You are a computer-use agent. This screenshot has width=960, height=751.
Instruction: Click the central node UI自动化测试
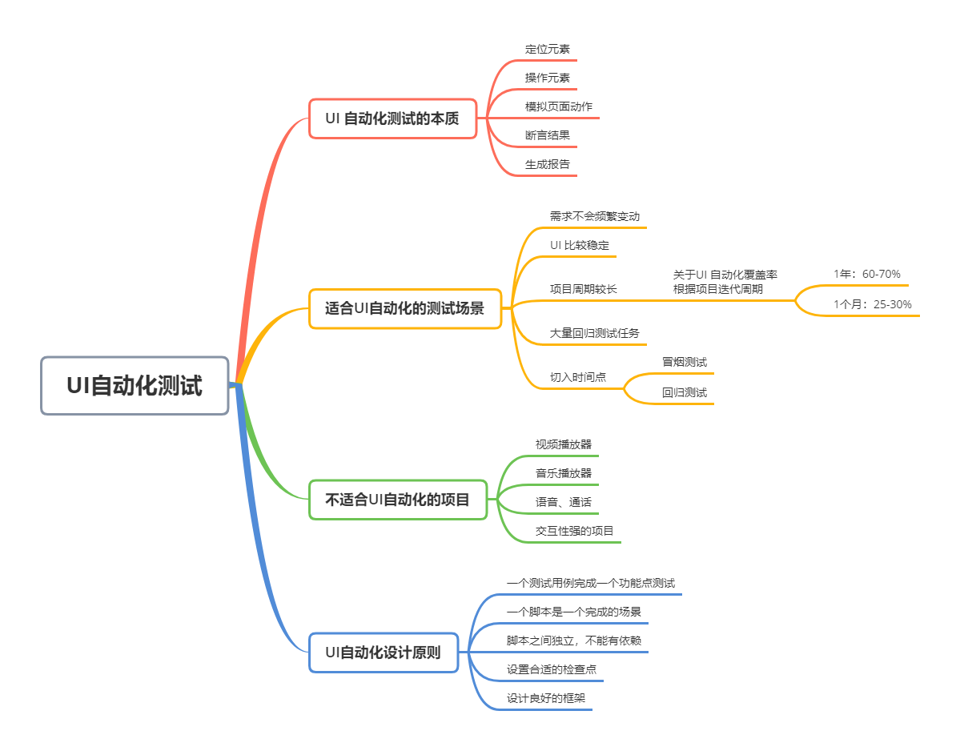tap(135, 386)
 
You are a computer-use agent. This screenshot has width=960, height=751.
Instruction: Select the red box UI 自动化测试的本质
tap(392, 118)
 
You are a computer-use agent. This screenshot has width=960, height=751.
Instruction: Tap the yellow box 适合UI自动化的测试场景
tap(405, 308)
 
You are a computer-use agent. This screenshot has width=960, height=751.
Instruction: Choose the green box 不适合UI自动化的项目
tap(397, 500)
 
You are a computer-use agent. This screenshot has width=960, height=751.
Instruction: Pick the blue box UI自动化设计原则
tap(383, 653)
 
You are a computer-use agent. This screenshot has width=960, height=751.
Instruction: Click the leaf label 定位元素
tap(548, 49)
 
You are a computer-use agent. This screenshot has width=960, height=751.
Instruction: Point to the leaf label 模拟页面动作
tap(559, 106)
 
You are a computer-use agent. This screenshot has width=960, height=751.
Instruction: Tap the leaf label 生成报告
tap(548, 164)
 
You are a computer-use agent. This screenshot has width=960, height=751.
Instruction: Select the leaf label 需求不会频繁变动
tap(594, 217)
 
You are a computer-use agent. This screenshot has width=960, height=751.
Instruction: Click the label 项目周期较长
tap(583, 289)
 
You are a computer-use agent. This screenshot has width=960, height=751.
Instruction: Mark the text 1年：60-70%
tap(866, 275)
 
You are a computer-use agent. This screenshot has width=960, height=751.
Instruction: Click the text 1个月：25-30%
tap(872, 304)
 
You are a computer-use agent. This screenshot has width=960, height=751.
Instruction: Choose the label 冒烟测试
tap(685, 362)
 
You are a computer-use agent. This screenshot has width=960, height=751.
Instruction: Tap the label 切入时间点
tap(577, 377)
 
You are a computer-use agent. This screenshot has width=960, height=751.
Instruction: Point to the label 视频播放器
tap(564, 444)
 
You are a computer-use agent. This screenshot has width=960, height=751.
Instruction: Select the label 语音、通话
tap(564, 502)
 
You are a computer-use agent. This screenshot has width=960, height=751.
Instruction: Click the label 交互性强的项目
tap(575, 531)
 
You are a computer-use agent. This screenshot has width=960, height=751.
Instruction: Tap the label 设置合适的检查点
tap(552, 669)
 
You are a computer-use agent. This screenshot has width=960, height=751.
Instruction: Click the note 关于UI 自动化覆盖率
tap(725, 275)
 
